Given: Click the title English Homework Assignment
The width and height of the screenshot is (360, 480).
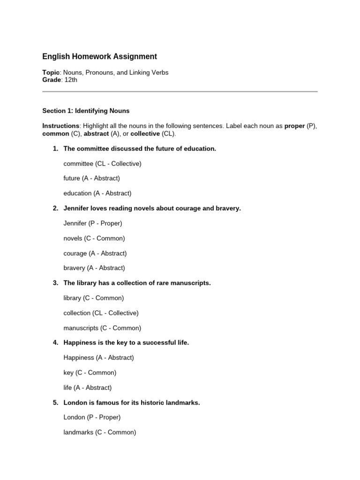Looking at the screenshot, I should point(99,57).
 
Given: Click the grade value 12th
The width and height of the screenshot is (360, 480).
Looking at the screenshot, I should point(71,80).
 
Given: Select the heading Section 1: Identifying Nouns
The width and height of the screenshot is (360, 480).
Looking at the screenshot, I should point(86,111).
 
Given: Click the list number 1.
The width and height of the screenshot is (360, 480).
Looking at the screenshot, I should point(55,149).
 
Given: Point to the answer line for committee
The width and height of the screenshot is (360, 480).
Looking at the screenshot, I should point(102,164).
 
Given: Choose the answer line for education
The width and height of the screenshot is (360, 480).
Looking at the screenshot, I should point(97,193).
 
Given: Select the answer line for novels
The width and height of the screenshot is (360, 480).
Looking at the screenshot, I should point(94,238).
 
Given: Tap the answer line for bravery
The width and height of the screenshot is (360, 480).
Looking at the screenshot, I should point(94,268).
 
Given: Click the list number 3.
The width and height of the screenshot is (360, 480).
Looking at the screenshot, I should point(55,283).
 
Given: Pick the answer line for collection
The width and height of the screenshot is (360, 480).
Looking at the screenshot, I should point(101,313).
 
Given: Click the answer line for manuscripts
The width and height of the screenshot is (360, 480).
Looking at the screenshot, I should point(102,328).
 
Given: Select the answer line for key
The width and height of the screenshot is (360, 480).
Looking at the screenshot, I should point(90,373).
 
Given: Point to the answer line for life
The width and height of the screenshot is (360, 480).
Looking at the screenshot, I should point(88,388).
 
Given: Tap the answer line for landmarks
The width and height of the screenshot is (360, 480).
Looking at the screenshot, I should point(100,432).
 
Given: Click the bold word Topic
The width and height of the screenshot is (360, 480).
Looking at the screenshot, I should point(51,73).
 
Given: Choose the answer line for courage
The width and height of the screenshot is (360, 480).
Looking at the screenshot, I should point(95,253).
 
